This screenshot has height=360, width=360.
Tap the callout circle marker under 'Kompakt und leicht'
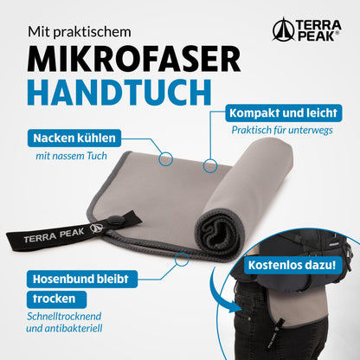pyautogui.click(x=208, y=163)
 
